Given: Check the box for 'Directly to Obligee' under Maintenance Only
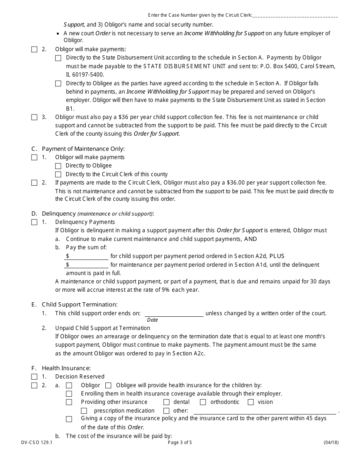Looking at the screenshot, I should (58, 166).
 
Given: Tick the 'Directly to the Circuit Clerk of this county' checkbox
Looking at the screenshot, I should (58, 175).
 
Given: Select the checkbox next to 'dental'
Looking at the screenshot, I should (166, 402).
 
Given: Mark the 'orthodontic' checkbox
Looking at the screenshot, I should (203, 402).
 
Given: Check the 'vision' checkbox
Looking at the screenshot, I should (251, 402).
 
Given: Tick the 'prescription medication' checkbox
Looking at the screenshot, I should (84, 411).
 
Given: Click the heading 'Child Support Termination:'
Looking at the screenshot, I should (80, 305).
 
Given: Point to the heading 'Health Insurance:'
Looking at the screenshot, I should (66, 368).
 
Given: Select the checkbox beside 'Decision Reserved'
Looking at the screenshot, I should (34, 377).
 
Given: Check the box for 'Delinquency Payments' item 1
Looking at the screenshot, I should (34, 222).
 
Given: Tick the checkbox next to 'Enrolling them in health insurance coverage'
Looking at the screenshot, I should (69, 394).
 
